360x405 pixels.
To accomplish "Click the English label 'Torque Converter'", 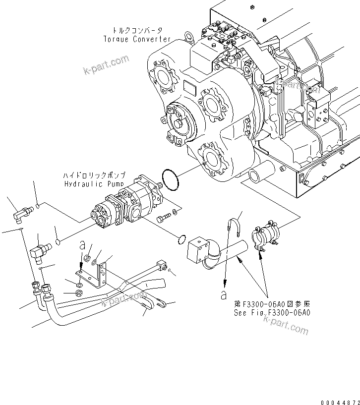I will [137, 39].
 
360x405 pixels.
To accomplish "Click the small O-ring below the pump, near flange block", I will [182, 240].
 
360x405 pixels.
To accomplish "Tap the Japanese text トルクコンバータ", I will [137, 30].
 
